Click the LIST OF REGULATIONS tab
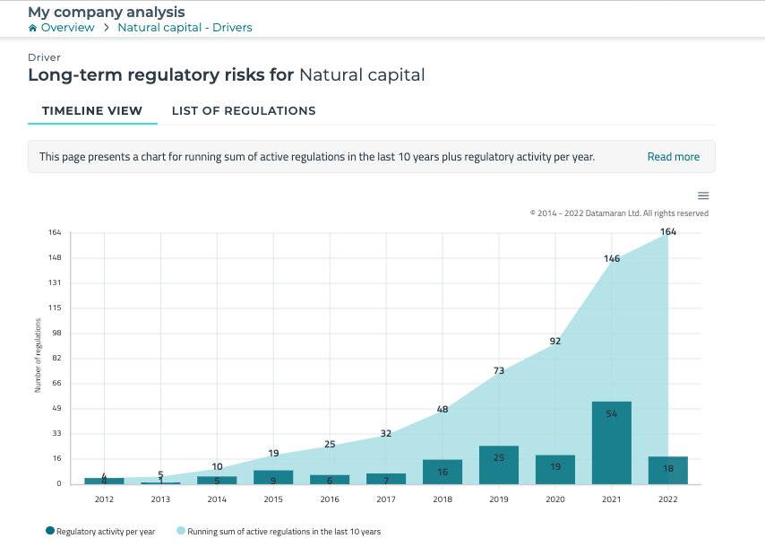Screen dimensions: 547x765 click(x=244, y=111)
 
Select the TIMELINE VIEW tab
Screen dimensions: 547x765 click(x=92, y=111)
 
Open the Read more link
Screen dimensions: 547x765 click(x=673, y=157)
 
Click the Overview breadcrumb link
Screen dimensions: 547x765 click(x=67, y=28)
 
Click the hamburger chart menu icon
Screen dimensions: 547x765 click(x=703, y=195)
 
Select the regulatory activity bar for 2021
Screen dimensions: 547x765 click(x=612, y=443)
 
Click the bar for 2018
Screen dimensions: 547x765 click(x=443, y=472)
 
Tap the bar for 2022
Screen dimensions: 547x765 click(x=668, y=470)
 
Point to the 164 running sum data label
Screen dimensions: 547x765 click(x=668, y=231)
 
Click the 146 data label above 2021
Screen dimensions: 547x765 click(x=612, y=258)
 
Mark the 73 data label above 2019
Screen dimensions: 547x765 click(x=499, y=370)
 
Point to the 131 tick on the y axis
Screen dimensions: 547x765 click(x=55, y=283)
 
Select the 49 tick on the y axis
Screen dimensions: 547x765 click(x=56, y=409)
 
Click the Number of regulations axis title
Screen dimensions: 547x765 click(x=38, y=359)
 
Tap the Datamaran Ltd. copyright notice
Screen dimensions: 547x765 click(x=619, y=213)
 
